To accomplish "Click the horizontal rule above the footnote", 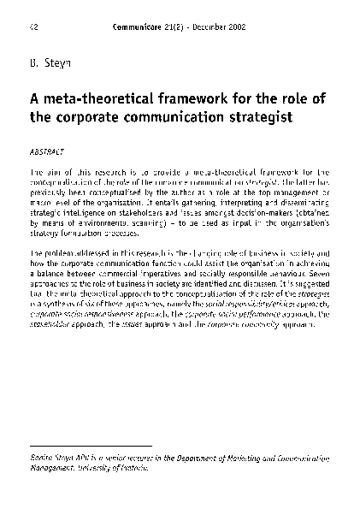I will (91, 446).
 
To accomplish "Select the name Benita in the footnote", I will (40, 461).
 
